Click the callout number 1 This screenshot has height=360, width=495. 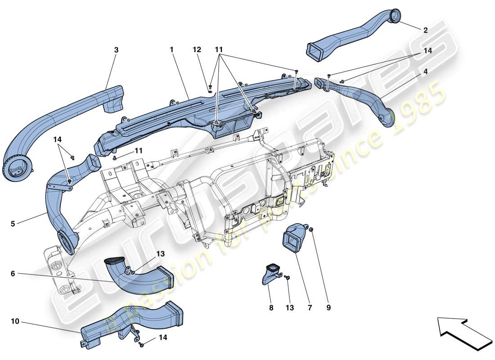[x=171, y=50]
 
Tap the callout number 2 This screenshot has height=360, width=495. [x=425, y=31]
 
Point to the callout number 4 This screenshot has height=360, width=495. [x=425, y=71]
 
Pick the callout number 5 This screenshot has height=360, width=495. [x=13, y=223]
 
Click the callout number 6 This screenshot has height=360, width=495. [x=13, y=273]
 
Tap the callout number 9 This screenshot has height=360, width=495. [x=328, y=308]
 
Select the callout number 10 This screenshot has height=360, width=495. [x=15, y=321]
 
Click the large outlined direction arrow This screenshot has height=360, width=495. [x=464, y=333]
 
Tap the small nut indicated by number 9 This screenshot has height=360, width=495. [x=311, y=230]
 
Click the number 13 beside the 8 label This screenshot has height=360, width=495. [x=289, y=308]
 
